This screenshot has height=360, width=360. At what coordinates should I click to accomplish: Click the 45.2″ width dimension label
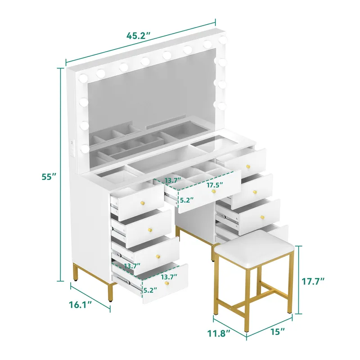tap(139, 36)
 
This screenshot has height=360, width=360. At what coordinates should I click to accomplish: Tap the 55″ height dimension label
tap(49, 177)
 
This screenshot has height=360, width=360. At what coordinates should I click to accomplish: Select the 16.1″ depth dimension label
tap(80, 305)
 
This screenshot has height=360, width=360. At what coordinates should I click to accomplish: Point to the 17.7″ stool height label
tap(313, 281)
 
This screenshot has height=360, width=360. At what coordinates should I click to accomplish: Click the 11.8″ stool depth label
tap(219, 333)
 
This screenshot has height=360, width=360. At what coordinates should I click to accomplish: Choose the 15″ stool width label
tap(277, 332)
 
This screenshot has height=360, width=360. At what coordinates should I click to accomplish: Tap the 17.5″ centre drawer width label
tap(215, 185)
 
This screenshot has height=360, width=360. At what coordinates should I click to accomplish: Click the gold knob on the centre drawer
tap(214, 191)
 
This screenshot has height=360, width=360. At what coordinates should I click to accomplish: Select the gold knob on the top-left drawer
tap(142, 203)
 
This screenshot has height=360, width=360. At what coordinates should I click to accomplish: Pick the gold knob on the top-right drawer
tap(248, 166)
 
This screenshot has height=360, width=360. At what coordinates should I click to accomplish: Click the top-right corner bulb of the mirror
tap(222, 40)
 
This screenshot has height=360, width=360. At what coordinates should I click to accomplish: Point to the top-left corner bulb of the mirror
tap(83, 78)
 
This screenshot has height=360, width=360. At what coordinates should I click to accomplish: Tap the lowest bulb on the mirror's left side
tap(85, 149)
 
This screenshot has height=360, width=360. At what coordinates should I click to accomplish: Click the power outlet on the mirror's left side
tap(72, 149)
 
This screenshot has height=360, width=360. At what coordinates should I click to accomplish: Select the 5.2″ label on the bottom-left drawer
tap(150, 290)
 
